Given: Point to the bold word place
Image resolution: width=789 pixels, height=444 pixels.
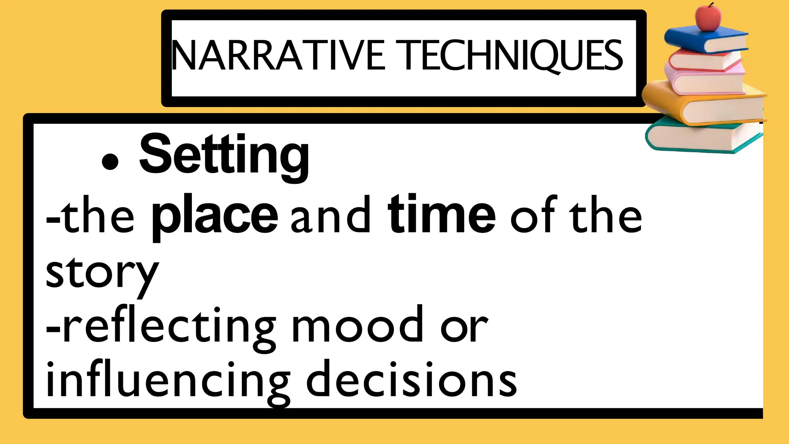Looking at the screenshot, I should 215,216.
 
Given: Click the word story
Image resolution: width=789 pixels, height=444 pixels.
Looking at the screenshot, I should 102,274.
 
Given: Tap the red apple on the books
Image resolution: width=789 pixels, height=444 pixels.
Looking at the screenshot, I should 708,17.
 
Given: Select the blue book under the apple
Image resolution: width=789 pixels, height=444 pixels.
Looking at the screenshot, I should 705,39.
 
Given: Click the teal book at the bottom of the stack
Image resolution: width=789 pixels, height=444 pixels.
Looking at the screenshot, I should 701,137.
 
